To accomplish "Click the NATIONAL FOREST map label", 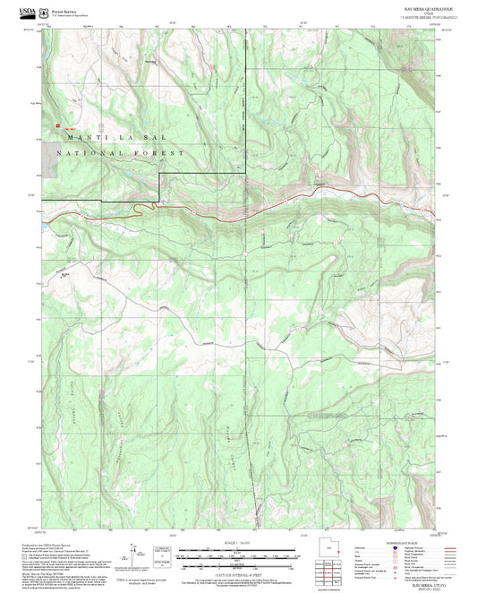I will tap(121, 154).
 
